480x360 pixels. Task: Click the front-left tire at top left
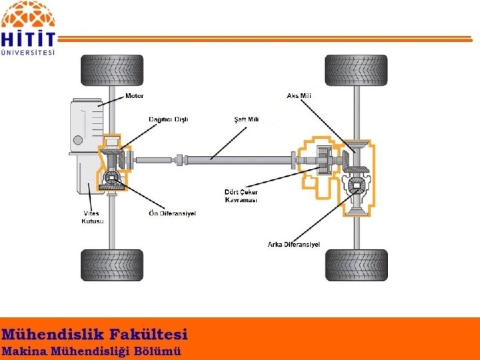111,71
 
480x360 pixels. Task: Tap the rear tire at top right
355,71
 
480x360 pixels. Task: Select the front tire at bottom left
111,265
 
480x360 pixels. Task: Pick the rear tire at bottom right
355,265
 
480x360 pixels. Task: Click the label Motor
135,96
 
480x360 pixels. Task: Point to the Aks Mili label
299,96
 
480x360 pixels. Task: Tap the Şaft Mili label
246,119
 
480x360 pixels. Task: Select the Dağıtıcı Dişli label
168,119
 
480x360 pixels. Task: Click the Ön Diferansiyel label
171,213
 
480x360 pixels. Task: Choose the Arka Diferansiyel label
293,245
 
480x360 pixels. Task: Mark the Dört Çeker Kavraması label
241,196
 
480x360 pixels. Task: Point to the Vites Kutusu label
92,217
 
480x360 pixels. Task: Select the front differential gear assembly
112,178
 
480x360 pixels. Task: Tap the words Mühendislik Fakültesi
95,334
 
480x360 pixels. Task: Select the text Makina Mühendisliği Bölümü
91,351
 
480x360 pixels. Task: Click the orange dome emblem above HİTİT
28,13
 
